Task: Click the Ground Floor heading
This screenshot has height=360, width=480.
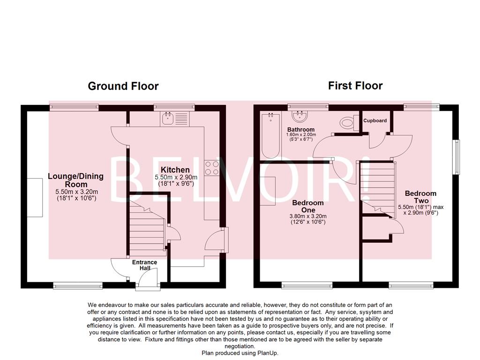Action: [123, 86]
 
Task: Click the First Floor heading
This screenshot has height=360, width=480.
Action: [355, 86]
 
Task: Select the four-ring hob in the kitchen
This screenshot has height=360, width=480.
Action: [211, 168]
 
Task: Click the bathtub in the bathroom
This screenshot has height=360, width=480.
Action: [270, 135]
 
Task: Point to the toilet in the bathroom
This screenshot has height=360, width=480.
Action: [347, 123]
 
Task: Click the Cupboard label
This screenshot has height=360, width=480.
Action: [375, 120]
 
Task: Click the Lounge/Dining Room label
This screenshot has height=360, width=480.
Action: [75, 180]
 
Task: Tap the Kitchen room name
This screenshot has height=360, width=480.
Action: [175, 170]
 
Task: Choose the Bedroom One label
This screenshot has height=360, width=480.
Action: [308, 206]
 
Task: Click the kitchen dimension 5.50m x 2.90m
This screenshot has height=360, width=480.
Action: [176, 178]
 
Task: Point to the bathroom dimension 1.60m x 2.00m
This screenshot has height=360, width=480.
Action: [301, 135]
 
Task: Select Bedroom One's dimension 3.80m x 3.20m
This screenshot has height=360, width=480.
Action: [308, 216]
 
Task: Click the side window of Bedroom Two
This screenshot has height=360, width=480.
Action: [456, 157]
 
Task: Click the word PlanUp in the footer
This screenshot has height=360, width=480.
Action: [267, 353]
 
